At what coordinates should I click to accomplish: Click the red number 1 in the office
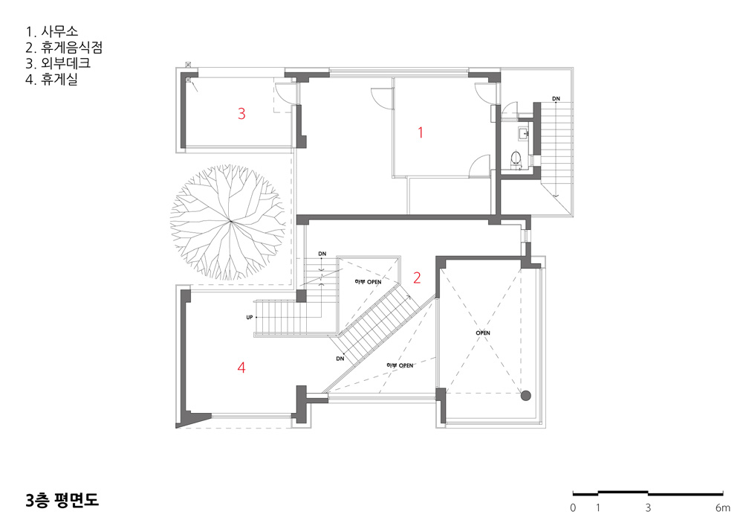coord(421,133)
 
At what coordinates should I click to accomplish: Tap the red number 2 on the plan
coord(417,278)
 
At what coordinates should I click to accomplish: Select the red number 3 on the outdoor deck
coord(241,113)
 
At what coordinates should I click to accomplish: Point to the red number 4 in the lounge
coord(241,368)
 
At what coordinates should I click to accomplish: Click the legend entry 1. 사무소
coord(52,32)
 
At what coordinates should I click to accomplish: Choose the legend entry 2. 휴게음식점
coord(64,48)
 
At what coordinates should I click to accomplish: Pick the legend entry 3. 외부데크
coord(58,63)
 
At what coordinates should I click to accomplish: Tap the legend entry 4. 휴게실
coord(52,79)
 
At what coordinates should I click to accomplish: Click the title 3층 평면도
coord(62,501)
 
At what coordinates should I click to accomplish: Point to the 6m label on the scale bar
coord(723,508)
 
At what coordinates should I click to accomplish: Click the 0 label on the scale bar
coord(573,508)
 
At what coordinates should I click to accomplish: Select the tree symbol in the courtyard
coord(229,222)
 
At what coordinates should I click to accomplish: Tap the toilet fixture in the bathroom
coord(516,158)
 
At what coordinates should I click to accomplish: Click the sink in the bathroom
coord(524,134)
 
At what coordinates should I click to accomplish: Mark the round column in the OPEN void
coord(525,396)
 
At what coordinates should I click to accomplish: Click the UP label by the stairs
coord(249,317)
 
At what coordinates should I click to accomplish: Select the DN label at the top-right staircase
coord(556,99)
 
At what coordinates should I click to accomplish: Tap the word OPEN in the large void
coord(483,333)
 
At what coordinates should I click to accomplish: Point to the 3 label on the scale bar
coord(648,508)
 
